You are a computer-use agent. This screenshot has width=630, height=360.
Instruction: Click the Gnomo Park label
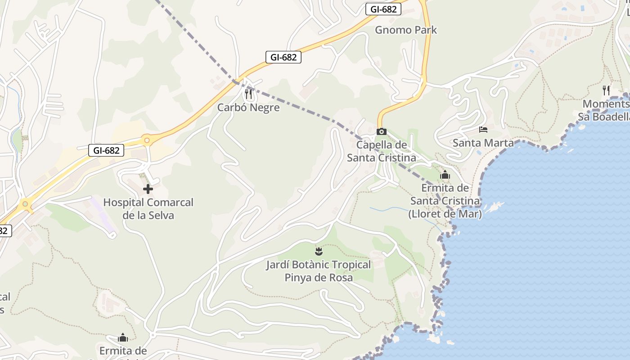point(406,30)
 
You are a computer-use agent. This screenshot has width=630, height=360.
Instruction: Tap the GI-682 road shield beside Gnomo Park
point(383,9)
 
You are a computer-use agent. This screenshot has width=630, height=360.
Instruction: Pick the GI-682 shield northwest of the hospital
point(106,150)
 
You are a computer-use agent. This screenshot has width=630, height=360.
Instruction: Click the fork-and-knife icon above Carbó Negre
point(248,94)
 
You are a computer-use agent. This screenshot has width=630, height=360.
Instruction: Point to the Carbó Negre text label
point(248,108)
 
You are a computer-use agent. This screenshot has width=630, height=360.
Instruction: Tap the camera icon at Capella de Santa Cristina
point(381,131)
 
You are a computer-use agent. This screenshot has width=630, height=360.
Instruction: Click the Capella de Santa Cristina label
point(382,151)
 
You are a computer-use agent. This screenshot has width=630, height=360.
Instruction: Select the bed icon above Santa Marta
point(483,130)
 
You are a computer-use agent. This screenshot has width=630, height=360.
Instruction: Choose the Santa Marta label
point(483,143)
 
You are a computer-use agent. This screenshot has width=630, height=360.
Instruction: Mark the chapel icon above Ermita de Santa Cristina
point(445,175)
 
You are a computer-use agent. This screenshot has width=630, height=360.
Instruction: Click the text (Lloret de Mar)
point(445,214)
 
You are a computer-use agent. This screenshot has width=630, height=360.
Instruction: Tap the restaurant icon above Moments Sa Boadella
point(606,90)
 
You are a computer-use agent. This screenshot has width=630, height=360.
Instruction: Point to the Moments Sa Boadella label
point(605,111)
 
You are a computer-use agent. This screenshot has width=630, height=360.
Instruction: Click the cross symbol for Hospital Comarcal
point(148,189)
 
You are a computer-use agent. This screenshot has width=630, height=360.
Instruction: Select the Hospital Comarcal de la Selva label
point(148,209)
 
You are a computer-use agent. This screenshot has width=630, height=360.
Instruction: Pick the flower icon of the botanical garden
point(319,250)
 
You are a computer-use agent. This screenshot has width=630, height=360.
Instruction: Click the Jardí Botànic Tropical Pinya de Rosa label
point(319,271)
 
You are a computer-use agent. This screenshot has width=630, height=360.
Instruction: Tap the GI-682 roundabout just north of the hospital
point(146,140)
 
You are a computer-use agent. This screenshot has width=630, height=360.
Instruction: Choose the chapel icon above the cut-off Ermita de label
point(122,337)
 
